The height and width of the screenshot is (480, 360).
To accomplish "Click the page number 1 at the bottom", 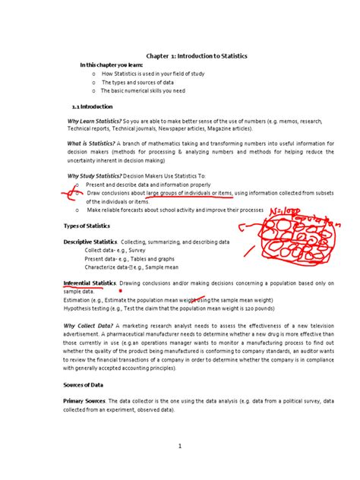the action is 180,447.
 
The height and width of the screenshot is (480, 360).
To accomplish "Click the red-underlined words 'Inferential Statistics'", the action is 90,283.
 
